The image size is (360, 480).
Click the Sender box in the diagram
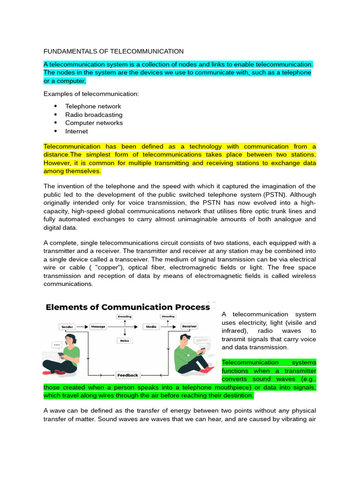click(x=67, y=326)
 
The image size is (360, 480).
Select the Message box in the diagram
click(x=97, y=326)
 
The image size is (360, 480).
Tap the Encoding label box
click(x=124, y=316)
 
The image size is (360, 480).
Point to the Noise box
click(x=124, y=341)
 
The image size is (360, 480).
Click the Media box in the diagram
click(x=151, y=326)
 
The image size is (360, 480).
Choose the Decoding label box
click(x=168, y=316)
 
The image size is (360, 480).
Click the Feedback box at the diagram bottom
click(x=127, y=375)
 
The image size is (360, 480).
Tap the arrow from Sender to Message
click(x=82, y=326)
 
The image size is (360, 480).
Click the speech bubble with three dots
click(x=57, y=345)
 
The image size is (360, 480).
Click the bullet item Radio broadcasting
click(x=94, y=115)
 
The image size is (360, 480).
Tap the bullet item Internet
click(x=76, y=131)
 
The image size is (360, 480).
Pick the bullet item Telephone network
click(x=93, y=106)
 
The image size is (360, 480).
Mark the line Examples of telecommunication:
click(x=91, y=94)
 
